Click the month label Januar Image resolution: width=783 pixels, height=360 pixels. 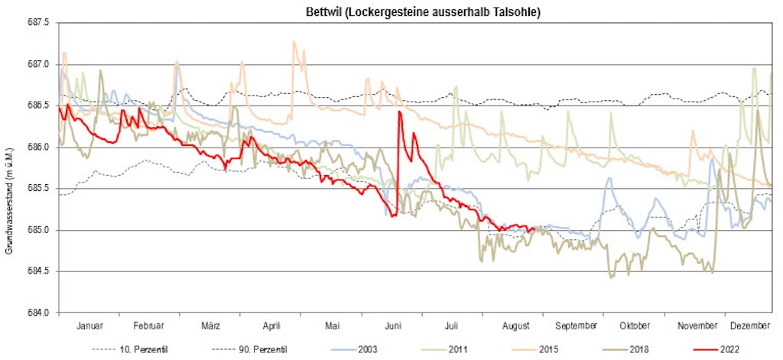click(x=90, y=326)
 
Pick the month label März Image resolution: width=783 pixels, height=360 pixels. click(x=211, y=326)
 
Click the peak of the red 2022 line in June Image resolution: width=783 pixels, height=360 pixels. click(x=399, y=112)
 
